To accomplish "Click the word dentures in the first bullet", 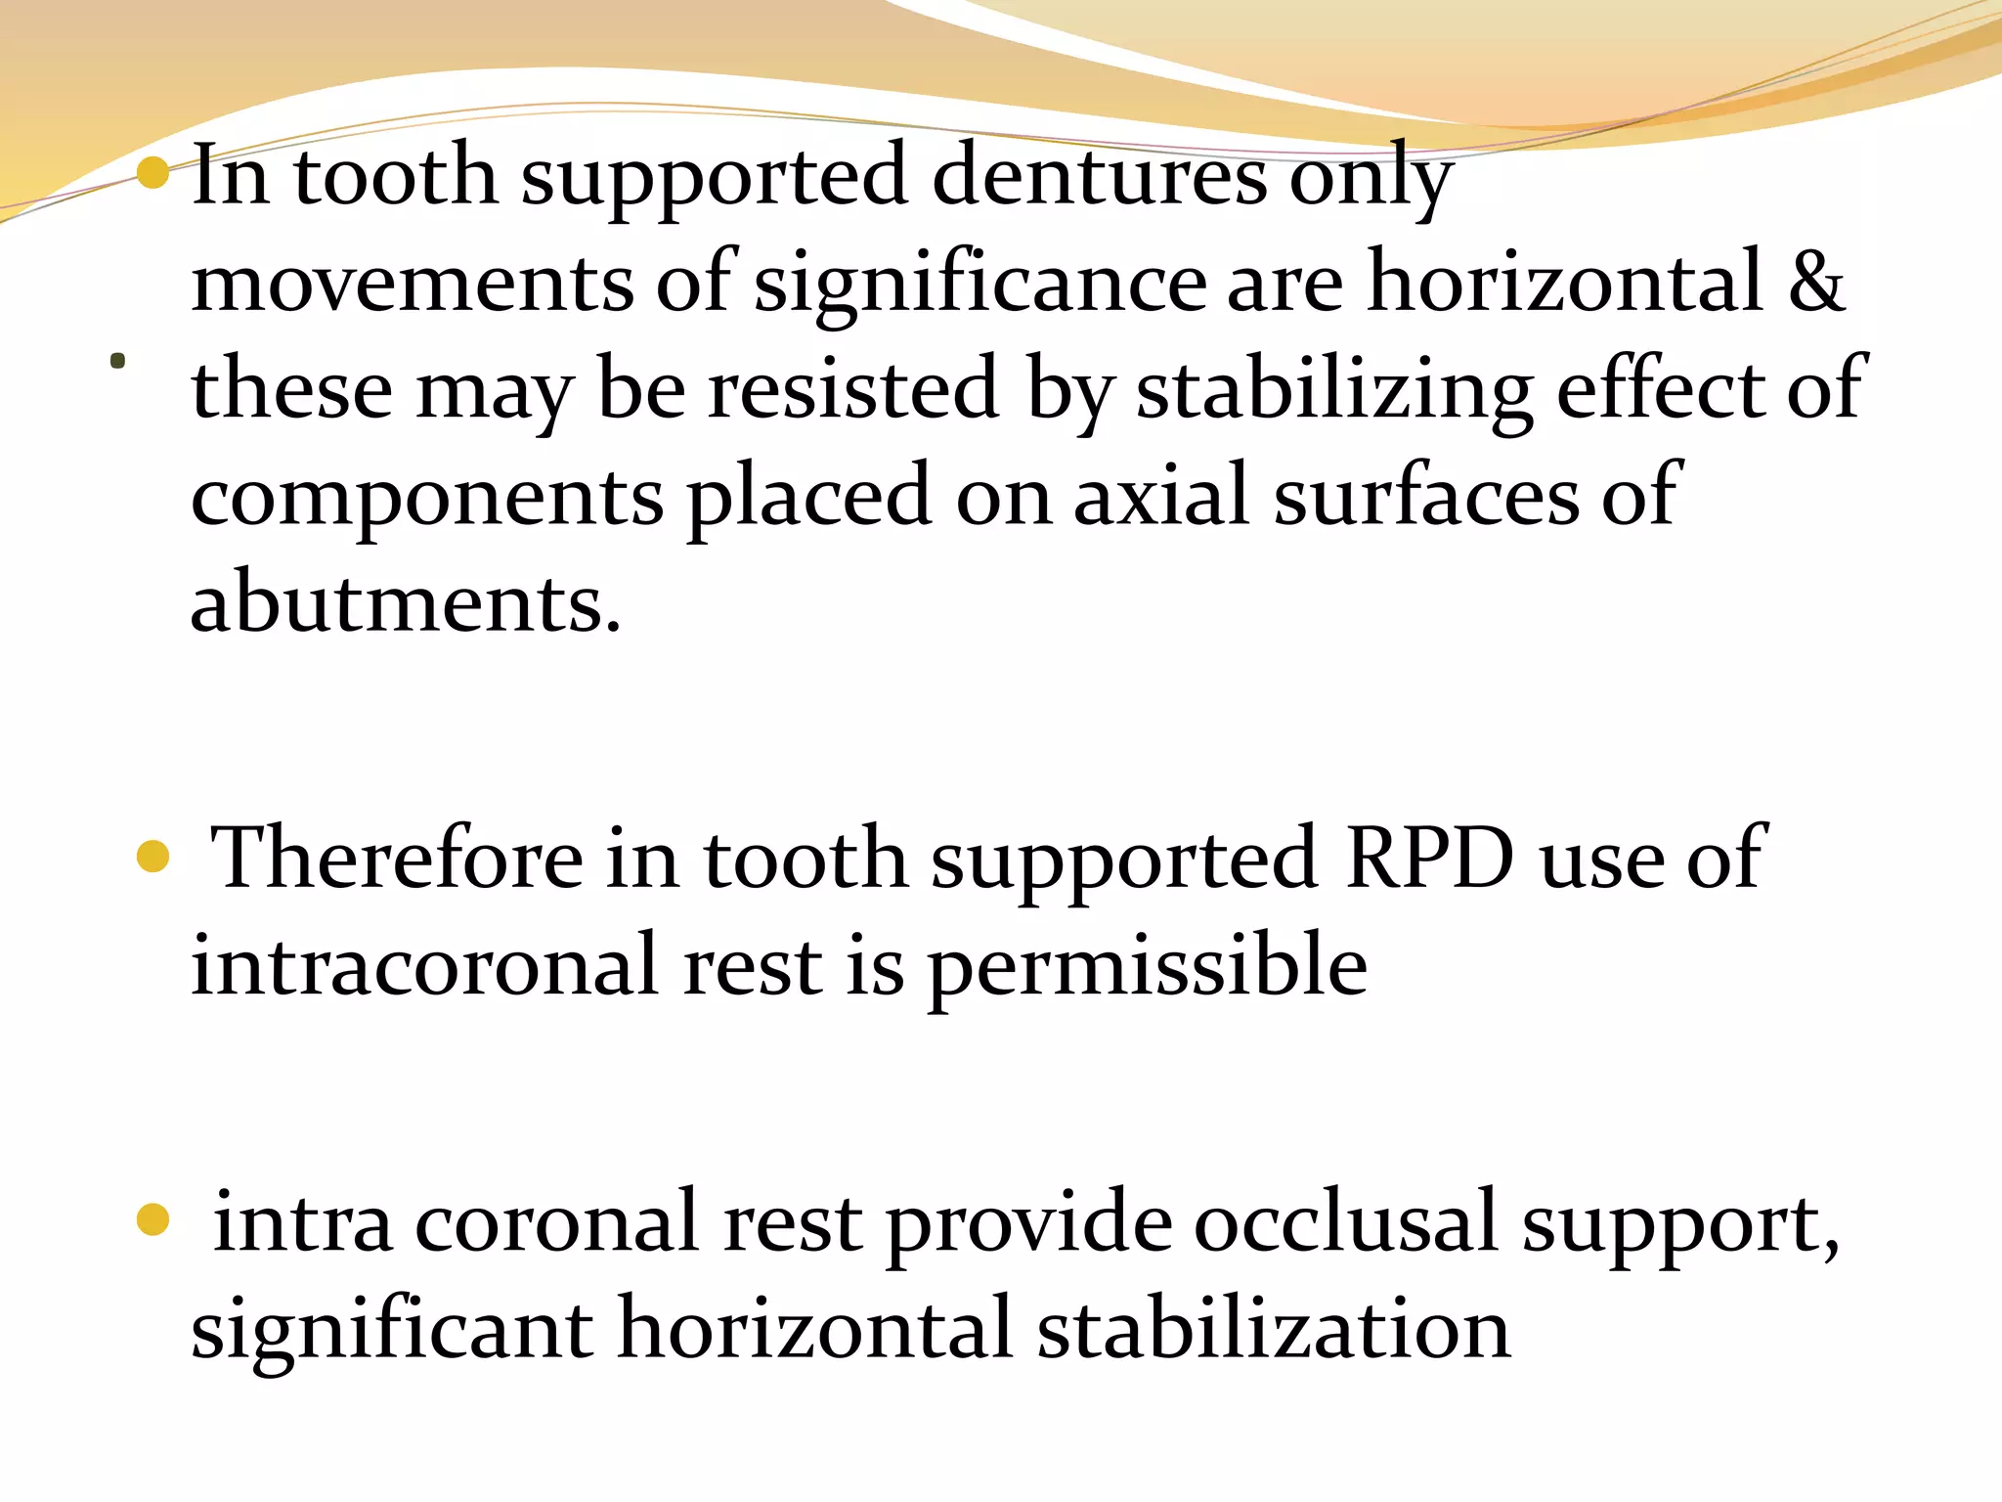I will click(x=1099, y=176).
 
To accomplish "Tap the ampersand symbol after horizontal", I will click(x=1816, y=283).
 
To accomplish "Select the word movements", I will click(x=412, y=283).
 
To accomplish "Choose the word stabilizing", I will click(x=1333, y=389).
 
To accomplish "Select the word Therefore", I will click(x=396, y=859).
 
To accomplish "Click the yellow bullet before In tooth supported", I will click(x=153, y=174).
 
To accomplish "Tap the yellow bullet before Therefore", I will click(x=153, y=858).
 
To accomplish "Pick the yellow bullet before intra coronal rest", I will click(x=153, y=1219).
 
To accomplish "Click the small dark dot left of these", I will click(x=118, y=362).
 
